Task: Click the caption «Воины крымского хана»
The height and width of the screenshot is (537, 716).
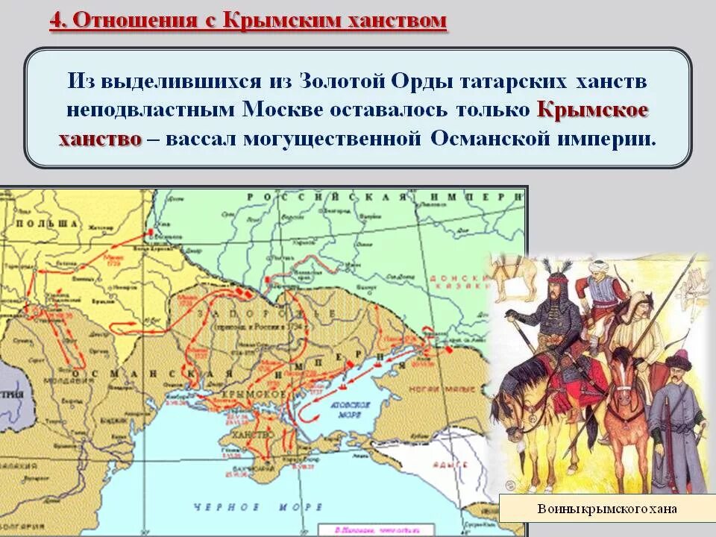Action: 606,509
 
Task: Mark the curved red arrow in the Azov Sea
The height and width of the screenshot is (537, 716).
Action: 313,412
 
